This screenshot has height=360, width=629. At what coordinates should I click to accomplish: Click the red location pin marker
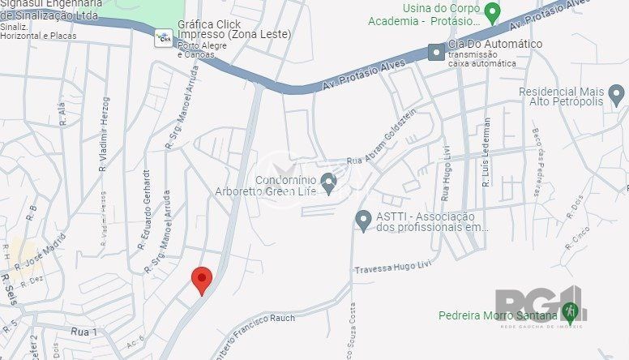(202, 280)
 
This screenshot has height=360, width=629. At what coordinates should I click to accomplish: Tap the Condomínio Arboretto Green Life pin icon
(328, 183)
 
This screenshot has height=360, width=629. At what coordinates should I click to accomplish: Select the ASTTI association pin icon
(364, 219)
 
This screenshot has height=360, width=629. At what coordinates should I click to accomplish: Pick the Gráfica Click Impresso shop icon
(164, 36)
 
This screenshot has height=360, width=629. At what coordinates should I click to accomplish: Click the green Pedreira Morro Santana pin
(571, 311)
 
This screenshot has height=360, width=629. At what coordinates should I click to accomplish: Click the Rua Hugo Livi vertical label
(445, 172)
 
